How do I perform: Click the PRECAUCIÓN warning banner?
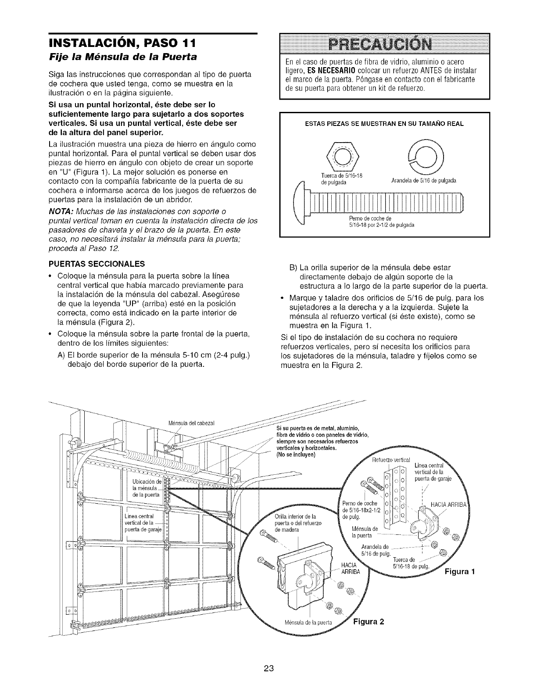(384, 43)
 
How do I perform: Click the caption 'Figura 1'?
(461, 572)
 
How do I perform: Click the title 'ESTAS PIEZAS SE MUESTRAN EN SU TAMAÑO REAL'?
(384, 124)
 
